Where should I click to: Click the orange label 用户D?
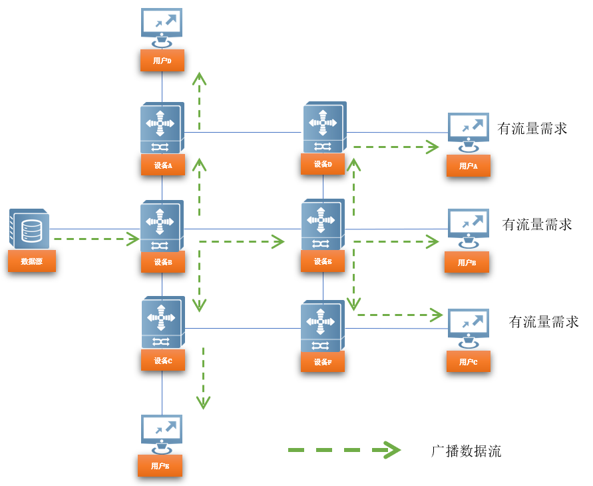[x=162, y=60]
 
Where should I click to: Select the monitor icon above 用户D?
[x=162, y=27]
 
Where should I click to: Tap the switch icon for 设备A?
[x=162, y=129]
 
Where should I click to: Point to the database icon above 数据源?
[x=29, y=229]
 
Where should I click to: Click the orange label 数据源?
[x=32, y=261]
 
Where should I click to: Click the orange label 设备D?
[x=323, y=164]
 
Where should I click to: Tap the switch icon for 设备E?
[x=323, y=225]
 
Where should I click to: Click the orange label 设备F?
[x=323, y=361]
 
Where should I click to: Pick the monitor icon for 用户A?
[x=469, y=133]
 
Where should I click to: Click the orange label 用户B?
[x=467, y=263]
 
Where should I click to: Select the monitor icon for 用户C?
[x=469, y=328]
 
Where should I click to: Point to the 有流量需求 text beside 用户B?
[x=537, y=225]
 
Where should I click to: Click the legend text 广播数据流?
[x=466, y=451]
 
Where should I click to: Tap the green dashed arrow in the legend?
[x=343, y=451]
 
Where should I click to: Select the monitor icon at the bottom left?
[x=161, y=433]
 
